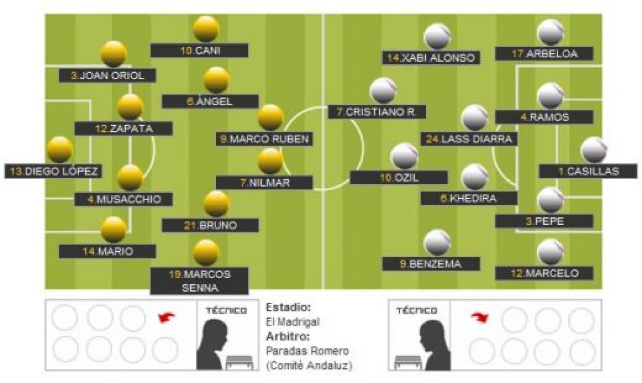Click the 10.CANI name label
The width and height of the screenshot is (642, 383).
click(x=200, y=51)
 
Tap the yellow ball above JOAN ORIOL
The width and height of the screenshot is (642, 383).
click(x=114, y=54)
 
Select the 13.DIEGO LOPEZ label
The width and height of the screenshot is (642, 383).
click(x=54, y=171)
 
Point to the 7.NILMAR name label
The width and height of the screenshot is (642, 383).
click(x=264, y=183)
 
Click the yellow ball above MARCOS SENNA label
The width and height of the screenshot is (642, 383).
click(x=206, y=252)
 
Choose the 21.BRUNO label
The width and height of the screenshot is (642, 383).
click(x=210, y=225)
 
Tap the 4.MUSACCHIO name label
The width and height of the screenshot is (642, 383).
click(x=123, y=199)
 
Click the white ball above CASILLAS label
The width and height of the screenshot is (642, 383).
click(x=594, y=150)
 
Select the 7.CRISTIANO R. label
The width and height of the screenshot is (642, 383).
click(x=377, y=111)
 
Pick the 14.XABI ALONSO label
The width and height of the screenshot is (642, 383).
click(x=431, y=58)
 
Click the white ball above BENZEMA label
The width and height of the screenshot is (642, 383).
click(x=437, y=243)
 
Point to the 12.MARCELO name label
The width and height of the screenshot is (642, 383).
click(x=544, y=273)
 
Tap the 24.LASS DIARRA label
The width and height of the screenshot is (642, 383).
click(x=469, y=139)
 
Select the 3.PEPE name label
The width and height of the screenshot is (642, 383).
click(x=544, y=221)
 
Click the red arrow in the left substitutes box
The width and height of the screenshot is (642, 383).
click(x=167, y=318)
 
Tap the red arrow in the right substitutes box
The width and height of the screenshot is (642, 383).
click(x=480, y=318)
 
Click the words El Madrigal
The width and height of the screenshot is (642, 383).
click(x=292, y=322)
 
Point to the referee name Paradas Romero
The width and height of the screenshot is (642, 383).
click(x=307, y=351)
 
